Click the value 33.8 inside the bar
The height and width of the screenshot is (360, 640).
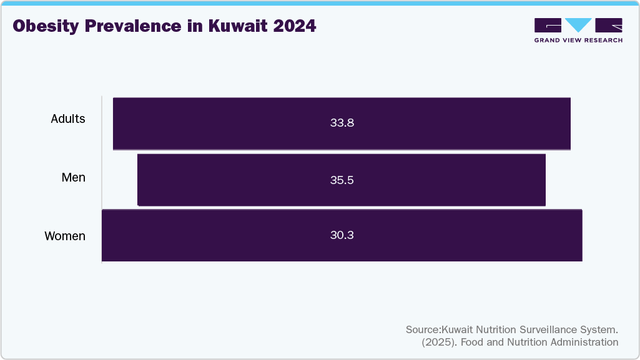pyautogui.click(x=342, y=123)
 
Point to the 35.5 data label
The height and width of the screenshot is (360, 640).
pyautogui.click(x=342, y=180)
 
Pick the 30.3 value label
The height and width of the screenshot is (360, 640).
pyautogui.click(x=342, y=235)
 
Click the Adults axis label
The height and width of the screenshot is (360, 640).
pyautogui.click(x=68, y=119)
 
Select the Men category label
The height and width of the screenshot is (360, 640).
pyautogui.click(x=73, y=178)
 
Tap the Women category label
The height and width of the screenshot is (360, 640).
pyautogui.click(x=65, y=236)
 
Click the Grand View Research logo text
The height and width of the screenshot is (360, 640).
pyautogui.click(x=578, y=40)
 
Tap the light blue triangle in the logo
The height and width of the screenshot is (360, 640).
pyautogui.click(x=578, y=25)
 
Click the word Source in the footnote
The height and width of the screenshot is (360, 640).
pyautogui.click(x=423, y=329)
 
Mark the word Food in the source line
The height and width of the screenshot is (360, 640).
pyautogui.click(x=470, y=342)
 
